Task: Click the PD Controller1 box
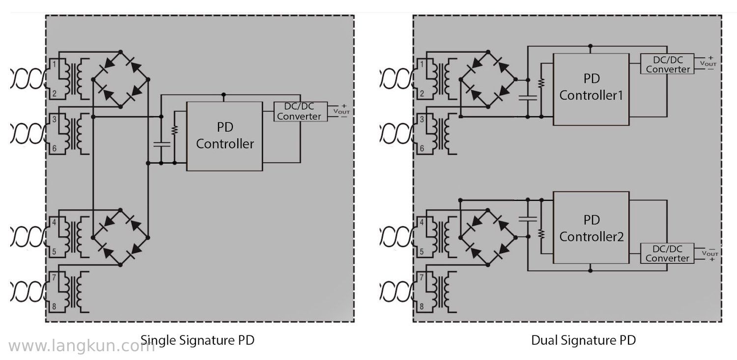tap(591, 89)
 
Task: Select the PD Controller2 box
tap(591, 227)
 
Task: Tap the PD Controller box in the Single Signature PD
tap(225, 136)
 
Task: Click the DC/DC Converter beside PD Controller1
tap(667, 64)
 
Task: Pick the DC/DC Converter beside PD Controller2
tap(667, 253)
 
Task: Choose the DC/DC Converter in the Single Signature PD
tap(300, 111)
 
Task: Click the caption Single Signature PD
tap(198, 340)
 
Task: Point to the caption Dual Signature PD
tap(583, 340)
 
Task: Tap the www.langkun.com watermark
tap(82, 346)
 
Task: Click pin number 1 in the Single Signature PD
tap(54, 64)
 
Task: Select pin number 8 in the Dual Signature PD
tap(422, 306)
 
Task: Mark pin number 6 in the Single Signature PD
tap(54, 148)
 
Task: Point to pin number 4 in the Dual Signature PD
tap(422, 222)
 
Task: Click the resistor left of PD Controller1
tap(541, 83)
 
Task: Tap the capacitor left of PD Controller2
tap(528, 219)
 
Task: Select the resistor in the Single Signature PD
tap(175, 130)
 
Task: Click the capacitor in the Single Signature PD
tap(161, 144)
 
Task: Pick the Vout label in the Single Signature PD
tap(341, 111)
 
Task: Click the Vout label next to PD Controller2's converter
tap(709, 253)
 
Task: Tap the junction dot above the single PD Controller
tap(224, 95)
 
